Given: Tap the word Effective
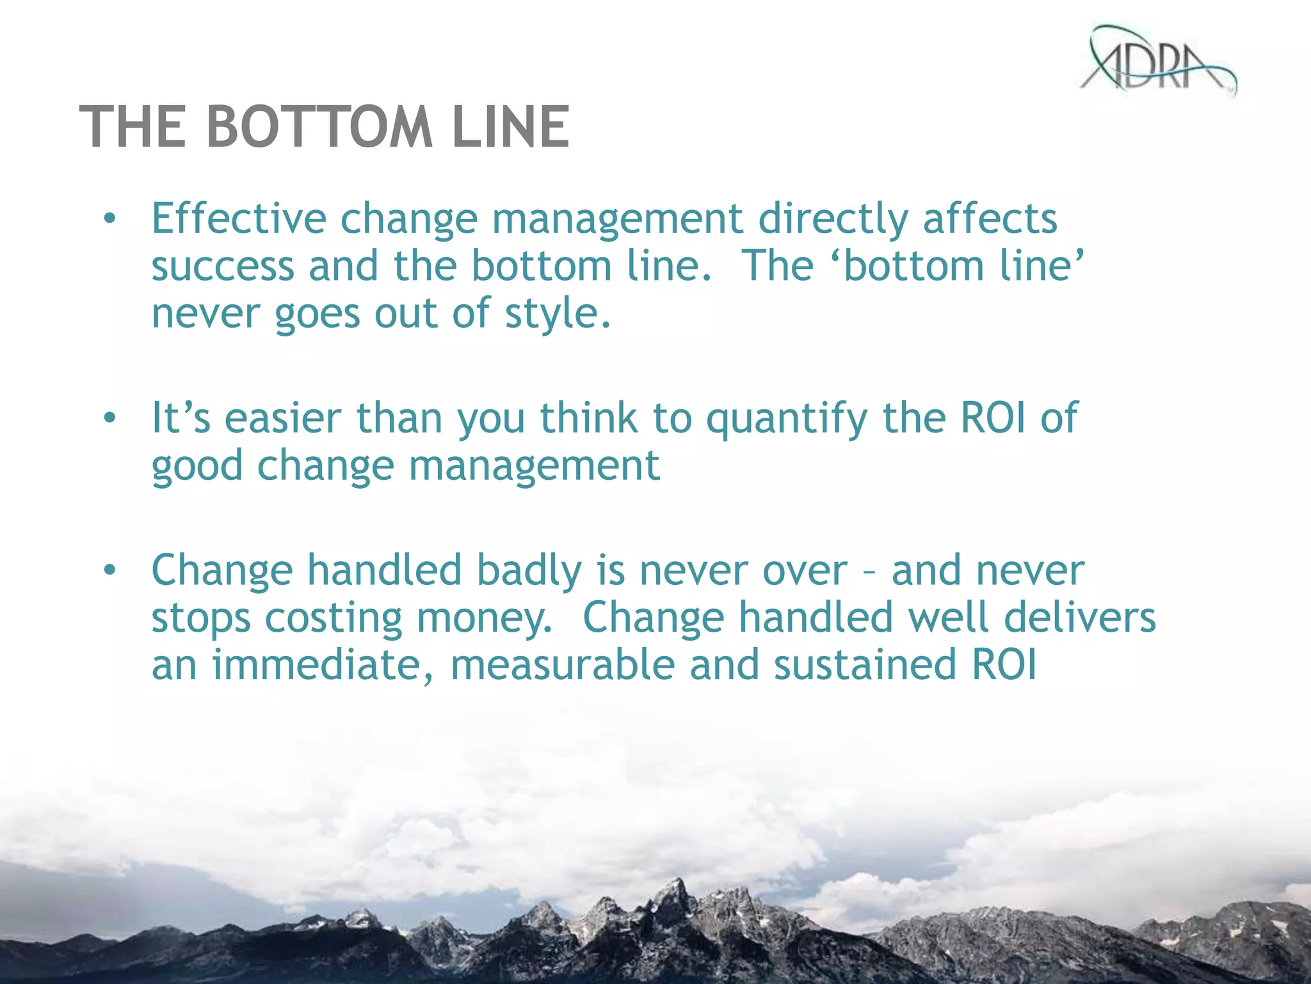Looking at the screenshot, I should pyautogui.click(x=238, y=218).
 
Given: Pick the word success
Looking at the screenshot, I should pyautogui.click(x=223, y=266).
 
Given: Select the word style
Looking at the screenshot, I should pyautogui.click(x=558, y=314).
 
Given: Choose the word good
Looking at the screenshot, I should pyautogui.click(x=197, y=466).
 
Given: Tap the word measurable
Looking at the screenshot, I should pyautogui.click(x=563, y=665).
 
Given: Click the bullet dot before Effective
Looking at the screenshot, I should pyautogui.click(x=110, y=220).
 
